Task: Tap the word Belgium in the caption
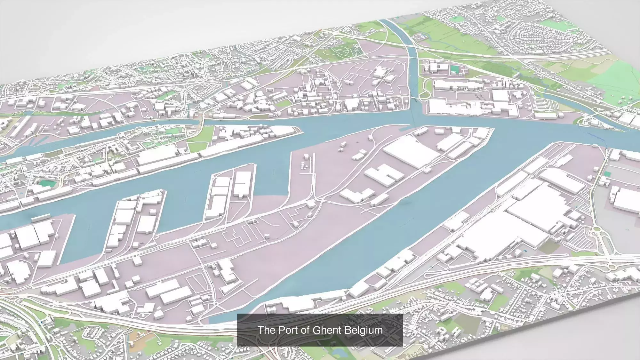[367, 330]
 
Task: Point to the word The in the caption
[265, 330]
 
